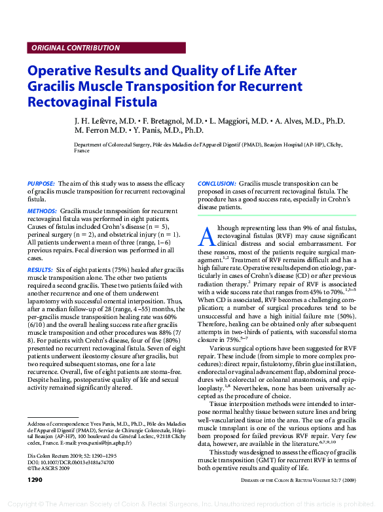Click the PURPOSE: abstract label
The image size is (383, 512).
coord(41,184)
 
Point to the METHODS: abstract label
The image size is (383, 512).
coord(43,211)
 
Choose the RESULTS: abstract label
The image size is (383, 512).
coord(41,269)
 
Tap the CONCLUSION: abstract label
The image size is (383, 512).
coord(217,184)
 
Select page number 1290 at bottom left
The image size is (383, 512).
coord(35,479)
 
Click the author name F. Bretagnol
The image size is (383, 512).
coord(164,121)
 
